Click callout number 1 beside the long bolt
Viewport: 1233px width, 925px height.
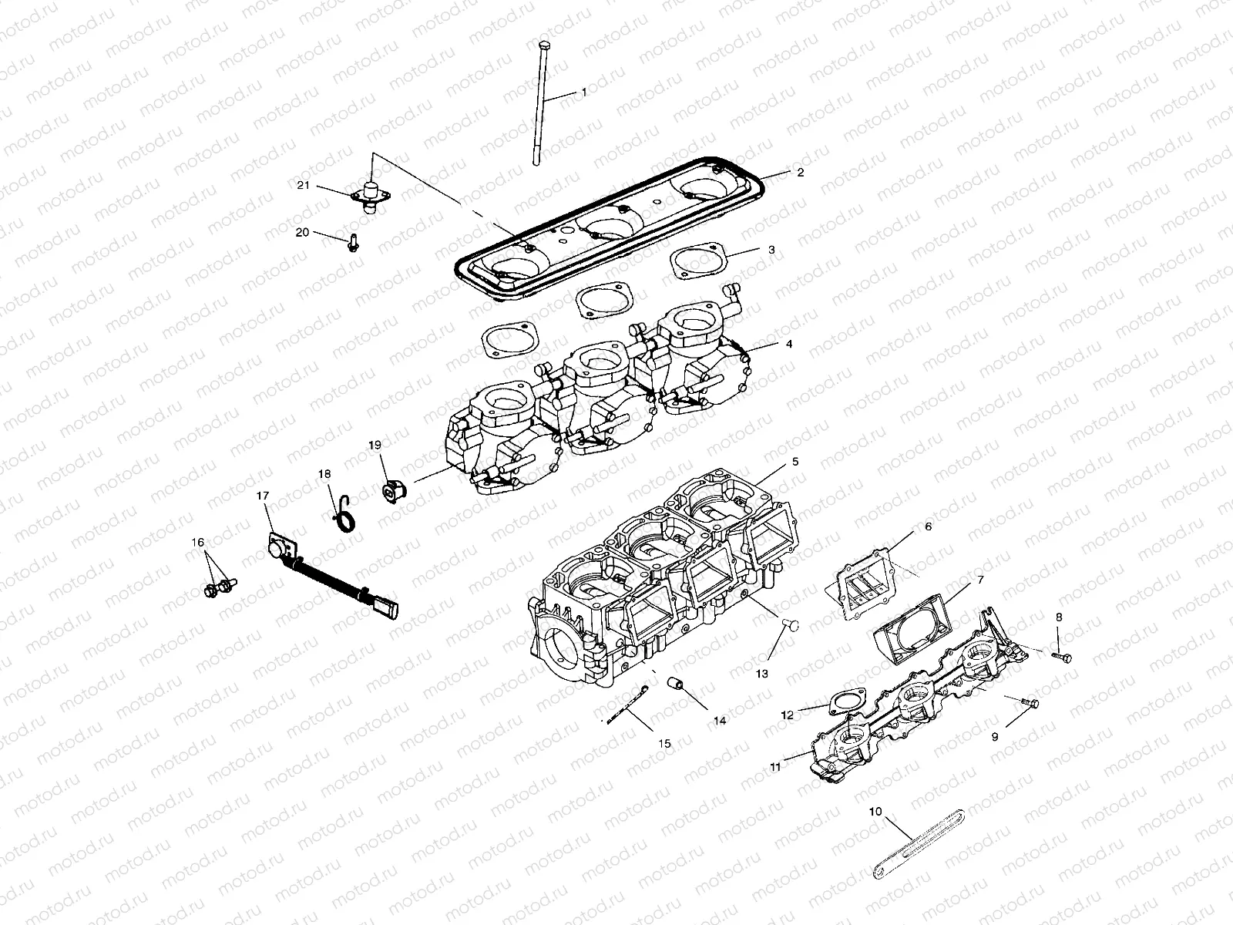click(583, 92)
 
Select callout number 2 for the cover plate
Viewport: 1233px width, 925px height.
click(800, 172)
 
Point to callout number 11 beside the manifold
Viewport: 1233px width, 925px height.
click(774, 766)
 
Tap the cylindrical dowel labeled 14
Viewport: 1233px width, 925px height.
click(676, 684)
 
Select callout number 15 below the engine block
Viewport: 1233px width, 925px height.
click(664, 743)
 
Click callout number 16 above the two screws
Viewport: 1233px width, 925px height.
click(198, 543)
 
